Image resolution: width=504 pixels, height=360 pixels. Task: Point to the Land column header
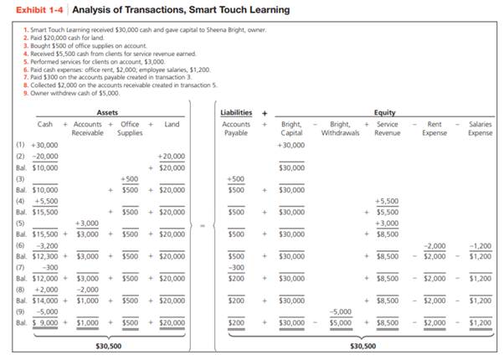click(x=172, y=124)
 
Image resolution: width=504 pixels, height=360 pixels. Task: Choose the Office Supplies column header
click(x=130, y=128)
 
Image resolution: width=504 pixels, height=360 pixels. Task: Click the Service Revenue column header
click(x=387, y=128)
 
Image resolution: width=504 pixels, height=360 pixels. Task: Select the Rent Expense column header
click(x=435, y=128)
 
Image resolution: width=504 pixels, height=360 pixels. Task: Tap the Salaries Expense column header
click(x=480, y=128)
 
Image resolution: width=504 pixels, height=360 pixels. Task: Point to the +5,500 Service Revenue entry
click(x=387, y=201)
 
